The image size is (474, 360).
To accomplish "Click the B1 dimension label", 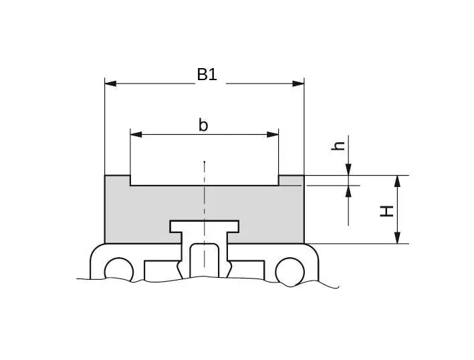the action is [x=207, y=75].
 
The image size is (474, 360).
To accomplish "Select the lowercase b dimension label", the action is [x=203, y=126].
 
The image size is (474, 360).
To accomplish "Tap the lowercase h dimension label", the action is [x=338, y=146].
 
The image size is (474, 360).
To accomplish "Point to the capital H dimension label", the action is [x=386, y=211].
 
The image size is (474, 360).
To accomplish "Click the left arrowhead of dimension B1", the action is [x=110, y=83].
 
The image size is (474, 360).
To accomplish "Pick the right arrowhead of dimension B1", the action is [x=298, y=83].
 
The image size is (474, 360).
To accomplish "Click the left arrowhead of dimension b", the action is [x=136, y=134].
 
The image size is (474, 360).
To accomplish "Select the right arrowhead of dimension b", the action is [x=272, y=134].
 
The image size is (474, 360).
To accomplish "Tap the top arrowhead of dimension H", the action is [x=398, y=181].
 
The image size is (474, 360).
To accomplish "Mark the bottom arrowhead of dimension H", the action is [x=398, y=237].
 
